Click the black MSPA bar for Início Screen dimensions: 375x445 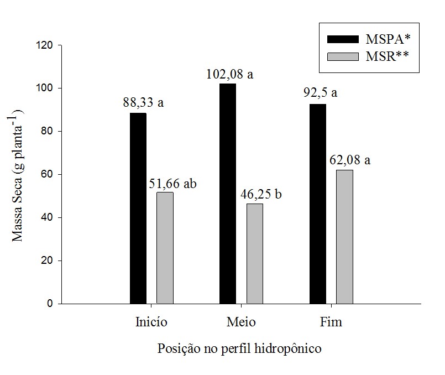138,209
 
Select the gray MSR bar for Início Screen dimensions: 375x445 165,248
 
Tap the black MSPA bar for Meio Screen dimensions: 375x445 228,194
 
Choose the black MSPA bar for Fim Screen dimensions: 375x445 318,204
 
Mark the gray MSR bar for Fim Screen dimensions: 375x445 344,237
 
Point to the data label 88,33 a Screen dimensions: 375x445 144,103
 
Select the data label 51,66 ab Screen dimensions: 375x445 172,184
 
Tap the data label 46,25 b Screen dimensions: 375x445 261,195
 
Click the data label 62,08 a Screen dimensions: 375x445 350,161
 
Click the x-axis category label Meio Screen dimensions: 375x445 241,322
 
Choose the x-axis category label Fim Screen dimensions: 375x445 331,322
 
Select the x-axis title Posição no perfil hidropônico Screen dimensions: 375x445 240,349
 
